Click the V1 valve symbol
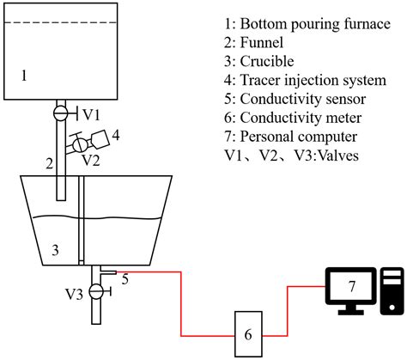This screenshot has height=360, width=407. point(61,113)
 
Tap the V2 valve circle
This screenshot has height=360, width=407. point(80,145)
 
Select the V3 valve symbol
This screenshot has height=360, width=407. point(96,291)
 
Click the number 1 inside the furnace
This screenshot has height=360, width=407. point(24,76)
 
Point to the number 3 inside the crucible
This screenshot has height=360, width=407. point(55,250)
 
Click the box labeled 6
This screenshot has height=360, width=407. point(248,334)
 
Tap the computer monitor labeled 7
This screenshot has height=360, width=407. point(350,290)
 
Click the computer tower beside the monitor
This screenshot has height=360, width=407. point(392,291)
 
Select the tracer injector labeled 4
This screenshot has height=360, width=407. point(100,139)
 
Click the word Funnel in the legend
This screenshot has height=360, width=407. point(262,43)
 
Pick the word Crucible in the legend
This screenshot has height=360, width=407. point(267,61)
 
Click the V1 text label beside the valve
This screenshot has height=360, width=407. point(91,115)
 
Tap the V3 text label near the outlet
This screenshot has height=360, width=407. point(75,294)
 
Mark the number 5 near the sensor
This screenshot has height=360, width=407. point(125,279)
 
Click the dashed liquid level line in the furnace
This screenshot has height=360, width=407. point(61,22)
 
